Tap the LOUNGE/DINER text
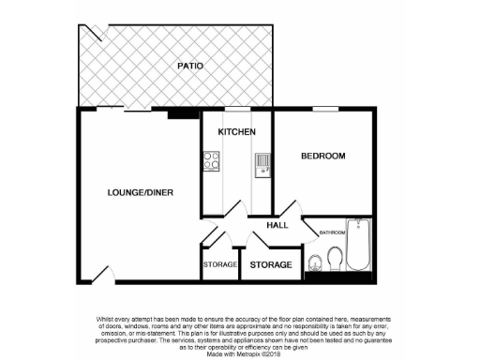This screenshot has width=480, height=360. pos(140,192)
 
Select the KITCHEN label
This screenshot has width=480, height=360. pos(236,132)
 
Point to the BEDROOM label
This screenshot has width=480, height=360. pos(322,156)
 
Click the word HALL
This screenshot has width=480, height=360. pos(277,225)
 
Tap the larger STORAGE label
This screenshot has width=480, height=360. pos(271,265)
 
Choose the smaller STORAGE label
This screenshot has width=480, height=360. pos(220,265)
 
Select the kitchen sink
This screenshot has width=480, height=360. pos(262,165)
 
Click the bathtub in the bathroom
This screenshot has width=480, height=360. pos(360,246)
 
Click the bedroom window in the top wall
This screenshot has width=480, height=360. pos(325,110)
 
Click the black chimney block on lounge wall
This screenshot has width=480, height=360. pos(176,114)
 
